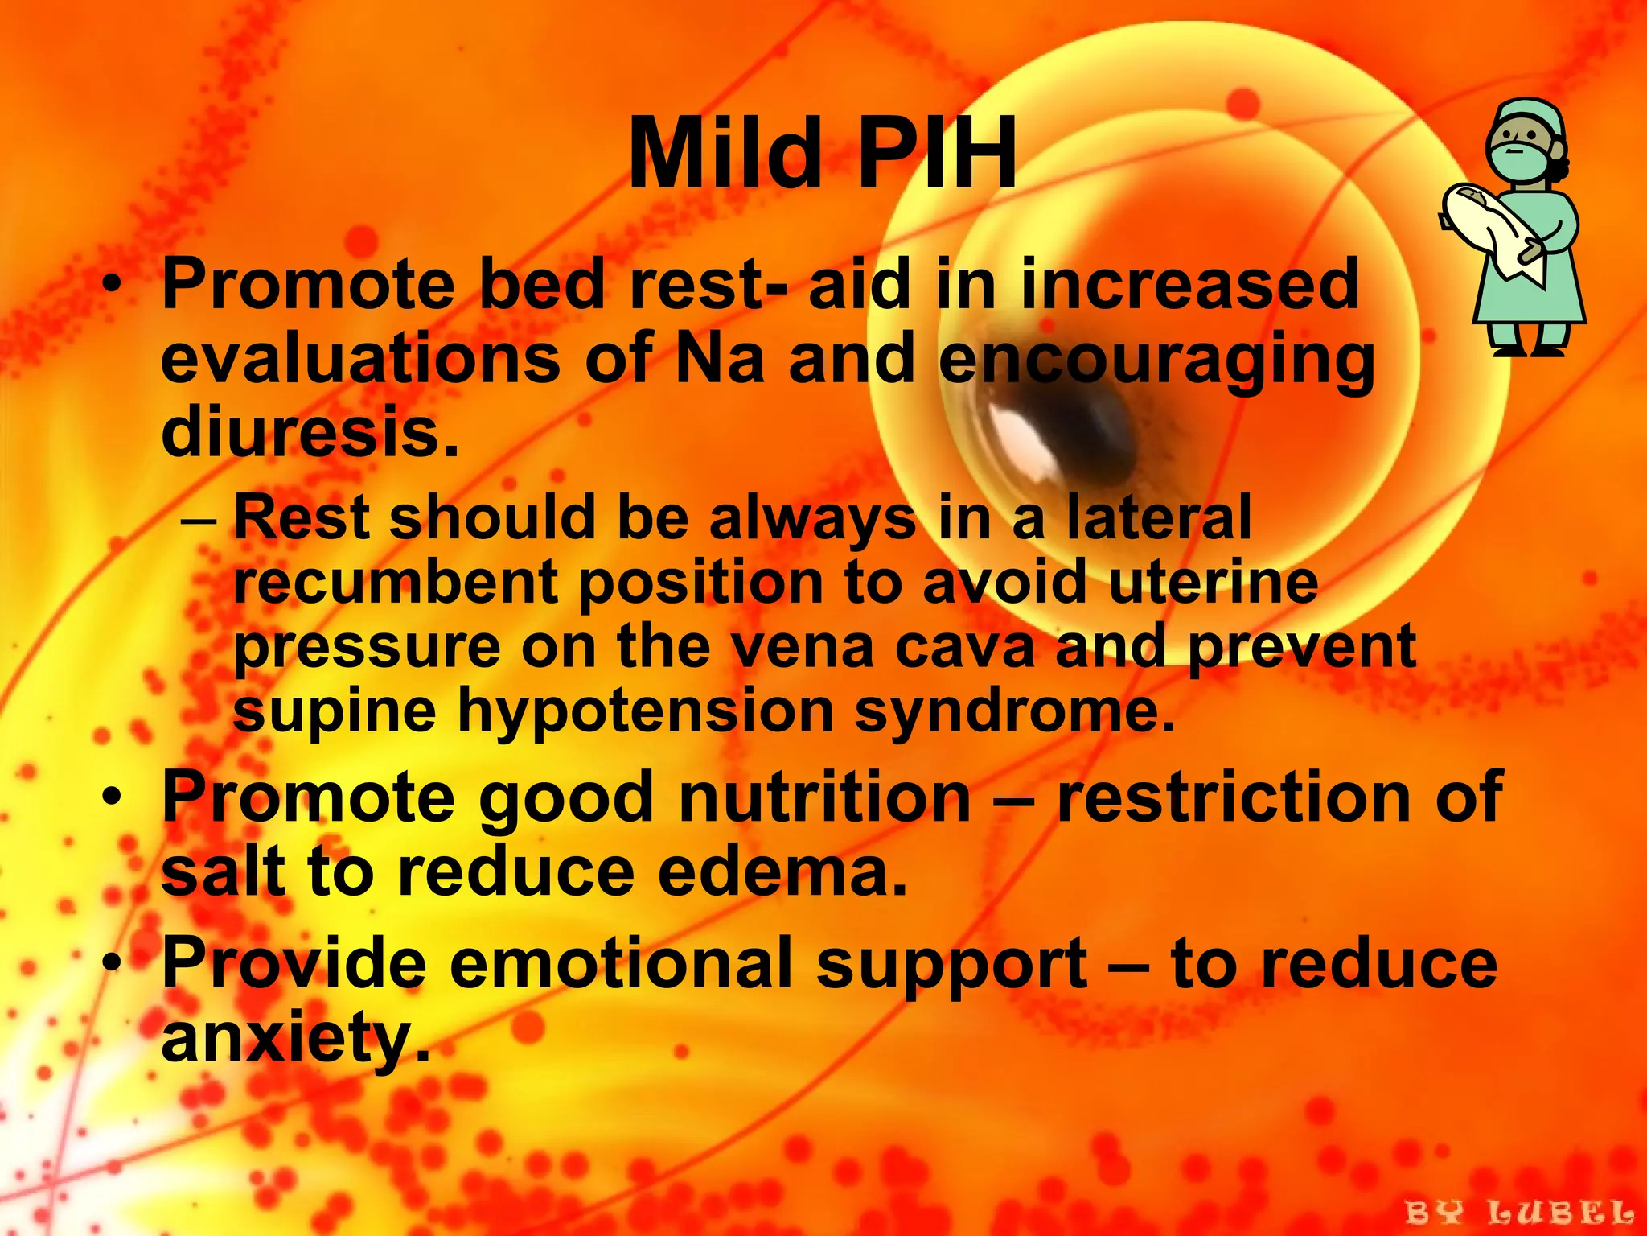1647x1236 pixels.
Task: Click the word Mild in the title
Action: [x=723, y=153]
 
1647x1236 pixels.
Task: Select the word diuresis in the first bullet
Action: [x=310, y=432]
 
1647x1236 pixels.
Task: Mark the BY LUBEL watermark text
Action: [x=1519, y=1212]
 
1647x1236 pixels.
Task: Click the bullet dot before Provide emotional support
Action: [x=115, y=963]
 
